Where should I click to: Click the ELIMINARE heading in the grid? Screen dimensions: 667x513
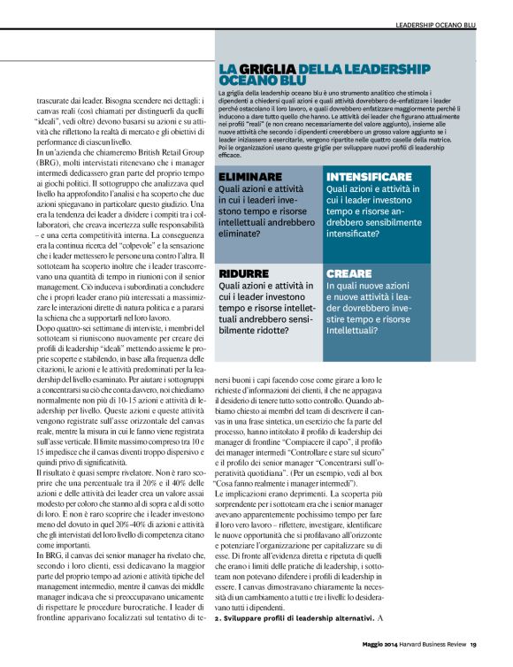(x=251, y=176)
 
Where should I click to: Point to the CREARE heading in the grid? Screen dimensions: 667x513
(x=349, y=274)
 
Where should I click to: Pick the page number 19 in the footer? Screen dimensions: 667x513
(x=473, y=644)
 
